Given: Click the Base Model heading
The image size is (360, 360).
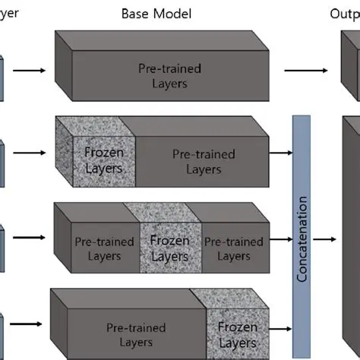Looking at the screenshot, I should pos(156,14).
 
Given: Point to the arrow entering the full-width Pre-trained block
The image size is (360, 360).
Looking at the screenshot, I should pos(30,71).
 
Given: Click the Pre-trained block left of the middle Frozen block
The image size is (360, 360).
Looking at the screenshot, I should pos(104,248).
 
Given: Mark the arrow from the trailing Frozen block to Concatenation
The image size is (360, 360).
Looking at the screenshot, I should pos(279,328).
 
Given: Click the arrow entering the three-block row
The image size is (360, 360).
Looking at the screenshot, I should pos(30,238).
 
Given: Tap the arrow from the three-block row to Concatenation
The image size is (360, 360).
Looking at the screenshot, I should pos(281,240).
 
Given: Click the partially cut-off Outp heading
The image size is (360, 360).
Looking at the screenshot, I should pos(344,14).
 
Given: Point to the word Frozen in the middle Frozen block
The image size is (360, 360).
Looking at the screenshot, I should pos(169,241).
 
